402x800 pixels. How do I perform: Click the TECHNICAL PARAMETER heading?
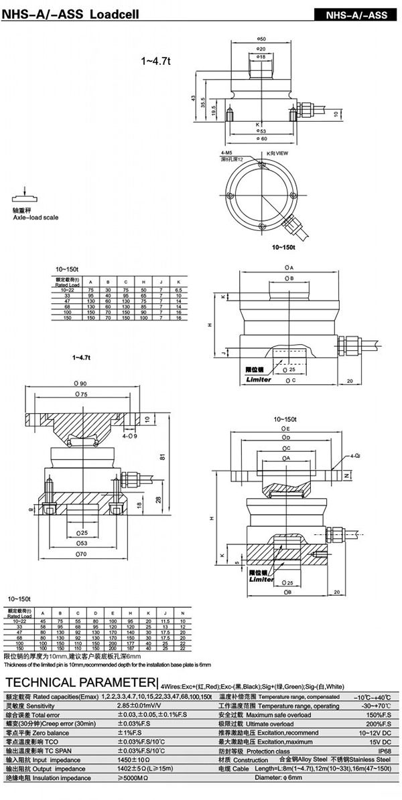click(79, 682)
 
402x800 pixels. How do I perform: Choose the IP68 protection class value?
click(381, 751)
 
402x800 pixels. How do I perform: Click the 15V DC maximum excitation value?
click(377, 742)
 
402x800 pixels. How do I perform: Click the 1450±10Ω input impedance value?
click(133, 760)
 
